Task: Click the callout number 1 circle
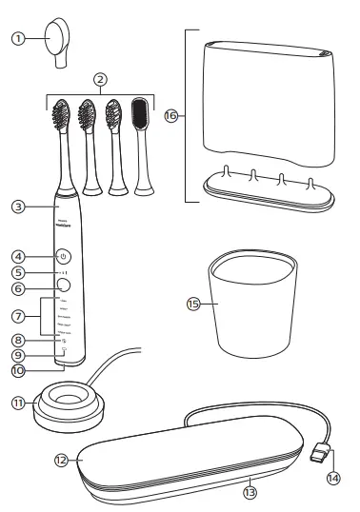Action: coord(17,39)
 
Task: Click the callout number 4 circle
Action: coord(17,256)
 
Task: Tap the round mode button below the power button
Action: coord(63,284)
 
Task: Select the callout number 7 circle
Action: coord(17,313)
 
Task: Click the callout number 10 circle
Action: coord(17,370)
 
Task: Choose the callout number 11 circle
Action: coord(17,404)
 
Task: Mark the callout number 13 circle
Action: coord(250,492)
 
